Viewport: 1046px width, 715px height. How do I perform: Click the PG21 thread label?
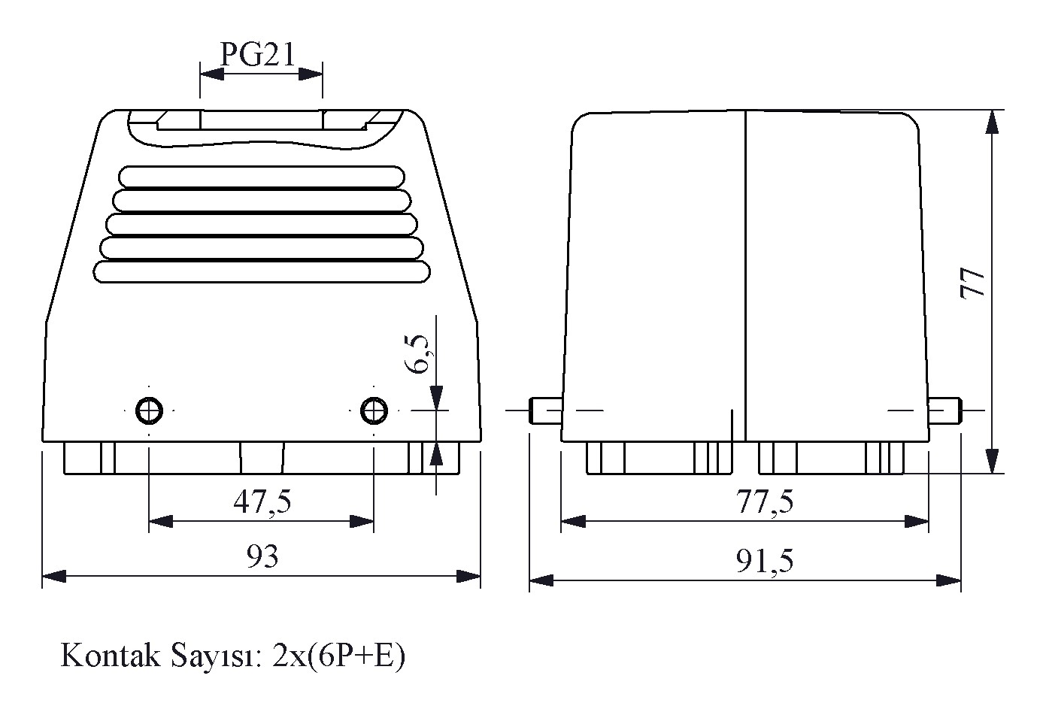click(x=257, y=54)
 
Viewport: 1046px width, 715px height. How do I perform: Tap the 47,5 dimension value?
click(x=262, y=501)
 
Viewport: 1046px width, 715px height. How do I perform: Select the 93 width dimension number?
click(x=262, y=556)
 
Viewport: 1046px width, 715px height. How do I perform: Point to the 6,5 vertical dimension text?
click(x=418, y=354)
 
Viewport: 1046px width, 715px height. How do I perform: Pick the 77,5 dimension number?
click(x=765, y=501)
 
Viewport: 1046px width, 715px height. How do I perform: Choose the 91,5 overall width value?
click(x=765, y=560)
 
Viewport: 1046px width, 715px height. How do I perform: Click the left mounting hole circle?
click(x=149, y=411)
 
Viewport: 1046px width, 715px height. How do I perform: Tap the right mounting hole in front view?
click(x=374, y=411)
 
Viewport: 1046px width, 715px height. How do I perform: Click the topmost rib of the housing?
click(x=262, y=177)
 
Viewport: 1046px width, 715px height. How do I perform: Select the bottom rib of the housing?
click(x=262, y=272)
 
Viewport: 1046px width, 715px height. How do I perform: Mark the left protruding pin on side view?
click(x=545, y=411)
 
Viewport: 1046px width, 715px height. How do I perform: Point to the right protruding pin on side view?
click(x=944, y=411)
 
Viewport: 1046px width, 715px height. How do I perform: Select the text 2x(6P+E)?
click(x=338, y=657)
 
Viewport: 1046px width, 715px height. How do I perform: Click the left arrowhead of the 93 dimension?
click(x=54, y=576)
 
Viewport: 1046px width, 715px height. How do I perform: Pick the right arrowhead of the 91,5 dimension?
click(x=949, y=580)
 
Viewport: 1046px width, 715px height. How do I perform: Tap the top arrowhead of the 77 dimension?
click(x=992, y=122)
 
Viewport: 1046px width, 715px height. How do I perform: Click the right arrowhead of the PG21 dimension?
click(x=311, y=74)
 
